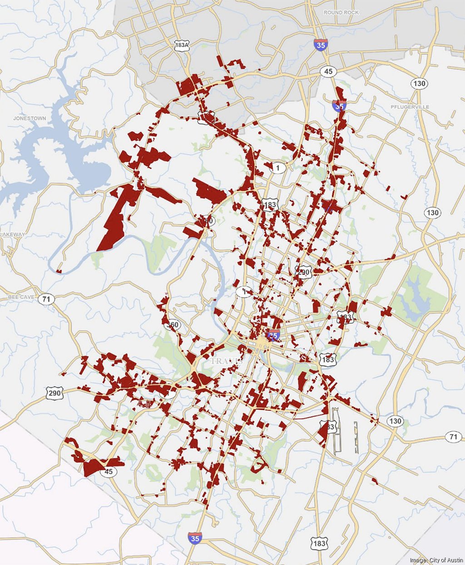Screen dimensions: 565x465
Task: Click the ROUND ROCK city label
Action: (341, 13)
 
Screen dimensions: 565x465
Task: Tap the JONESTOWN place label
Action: (30, 118)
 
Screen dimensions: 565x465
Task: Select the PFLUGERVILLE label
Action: (410, 107)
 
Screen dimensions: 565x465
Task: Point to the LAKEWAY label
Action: (12, 235)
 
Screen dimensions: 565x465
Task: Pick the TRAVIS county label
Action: (225, 361)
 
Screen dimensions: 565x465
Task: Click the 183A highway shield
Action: (182, 45)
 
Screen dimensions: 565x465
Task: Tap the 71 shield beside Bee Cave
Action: (46, 299)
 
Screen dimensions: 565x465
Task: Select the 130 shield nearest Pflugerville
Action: (419, 84)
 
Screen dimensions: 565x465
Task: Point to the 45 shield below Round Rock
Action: (328, 71)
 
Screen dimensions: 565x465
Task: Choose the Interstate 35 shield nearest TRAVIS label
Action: (273, 336)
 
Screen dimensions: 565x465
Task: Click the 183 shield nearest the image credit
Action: (319, 543)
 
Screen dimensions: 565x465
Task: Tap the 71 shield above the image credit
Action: (453, 437)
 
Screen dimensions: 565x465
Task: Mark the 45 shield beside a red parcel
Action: (108, 472)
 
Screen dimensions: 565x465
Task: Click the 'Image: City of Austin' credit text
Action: (436, 560)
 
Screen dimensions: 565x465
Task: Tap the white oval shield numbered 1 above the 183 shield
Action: (278, 168)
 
